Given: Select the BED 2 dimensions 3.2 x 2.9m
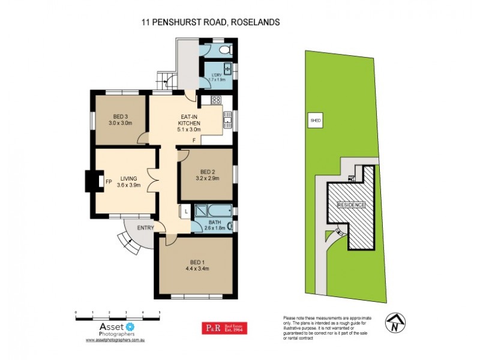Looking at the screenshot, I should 208,178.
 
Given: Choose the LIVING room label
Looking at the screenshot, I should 128,178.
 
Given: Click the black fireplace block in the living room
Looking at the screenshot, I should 93,181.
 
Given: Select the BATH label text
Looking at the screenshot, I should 214,221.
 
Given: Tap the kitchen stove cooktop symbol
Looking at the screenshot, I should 217,101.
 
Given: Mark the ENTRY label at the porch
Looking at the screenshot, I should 145,227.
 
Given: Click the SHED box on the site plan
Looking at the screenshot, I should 316,120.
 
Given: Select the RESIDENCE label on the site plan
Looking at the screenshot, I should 352,205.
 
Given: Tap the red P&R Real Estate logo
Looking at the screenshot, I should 227,328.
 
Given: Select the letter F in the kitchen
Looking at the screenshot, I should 193,140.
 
